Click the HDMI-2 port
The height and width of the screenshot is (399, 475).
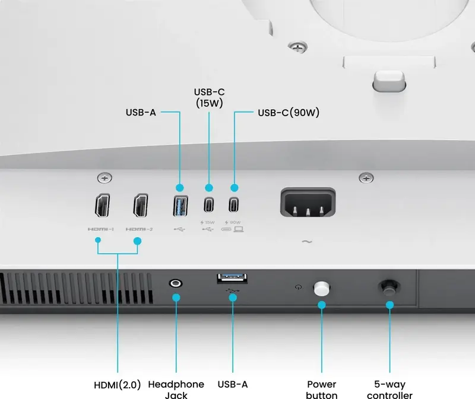pyautogui.click(x=141, y=205)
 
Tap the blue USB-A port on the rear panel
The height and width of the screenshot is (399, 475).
pyautogui.click(x=180, y=205)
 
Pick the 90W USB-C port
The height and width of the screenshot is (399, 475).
pyautogui.click(x=235, y=205)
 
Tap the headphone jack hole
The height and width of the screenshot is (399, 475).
pyautogui.click(x=176, y=283)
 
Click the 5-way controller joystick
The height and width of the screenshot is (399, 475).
pyautogui.click(x=389, y=288)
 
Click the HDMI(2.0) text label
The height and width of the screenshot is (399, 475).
pyautogui.click(x=118, y=385)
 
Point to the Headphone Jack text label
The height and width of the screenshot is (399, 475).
pyautogui.click(x=176, y=390)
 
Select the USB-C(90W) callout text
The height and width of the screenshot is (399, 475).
pyautogui.click(x=289, y=113)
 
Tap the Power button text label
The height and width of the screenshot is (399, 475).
pyautogui.click(x=322, y=390)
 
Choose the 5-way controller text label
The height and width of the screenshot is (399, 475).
pyautogui.click(x=389, y=390)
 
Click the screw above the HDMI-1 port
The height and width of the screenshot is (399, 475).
pyautogui.click(x=105, y=177)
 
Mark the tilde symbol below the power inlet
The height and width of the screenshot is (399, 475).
pyautogui.click(x=307, y=241)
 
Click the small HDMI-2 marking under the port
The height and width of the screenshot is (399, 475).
pyautogui.click(x=140, y=229)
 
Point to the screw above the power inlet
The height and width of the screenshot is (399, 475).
pyautogui.click(x=367, y=177)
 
